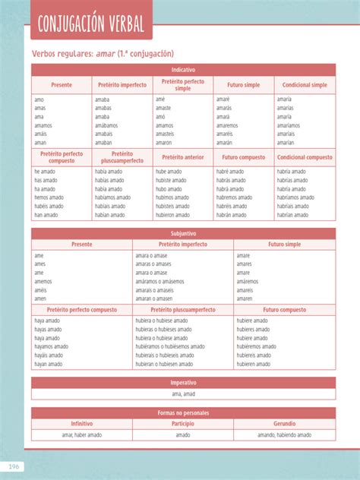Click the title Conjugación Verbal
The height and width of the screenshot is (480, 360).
(90, 24)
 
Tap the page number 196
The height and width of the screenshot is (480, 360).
(14, 466)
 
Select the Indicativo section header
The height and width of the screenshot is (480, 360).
(183, 69)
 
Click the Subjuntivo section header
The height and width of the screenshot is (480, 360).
(183, 234)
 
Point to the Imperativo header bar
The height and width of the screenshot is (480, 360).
(183, 383)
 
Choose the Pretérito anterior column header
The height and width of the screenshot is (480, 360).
(183, 157)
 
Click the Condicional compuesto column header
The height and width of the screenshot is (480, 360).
(305, 157)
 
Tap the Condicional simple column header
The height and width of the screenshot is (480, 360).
(305, 84)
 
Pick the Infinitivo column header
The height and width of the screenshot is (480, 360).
(82, 423)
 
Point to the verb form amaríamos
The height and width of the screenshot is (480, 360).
(289, 125)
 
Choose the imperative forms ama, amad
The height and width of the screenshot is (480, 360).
(183, 394)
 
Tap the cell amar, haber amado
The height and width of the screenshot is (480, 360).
(82, 435)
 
